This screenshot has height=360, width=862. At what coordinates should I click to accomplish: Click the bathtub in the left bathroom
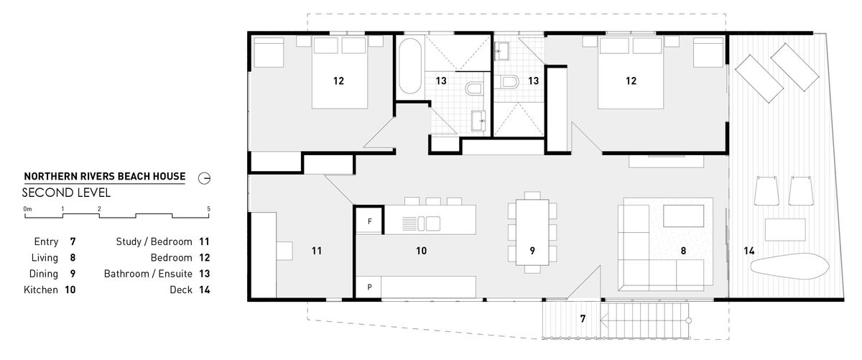(x=410, y=66)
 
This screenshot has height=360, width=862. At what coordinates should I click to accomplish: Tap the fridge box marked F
(x=369, y=221)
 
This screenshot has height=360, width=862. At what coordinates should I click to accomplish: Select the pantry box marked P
(x=369, y=287)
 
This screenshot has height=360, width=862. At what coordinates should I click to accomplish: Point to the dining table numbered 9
(x=532, y=232)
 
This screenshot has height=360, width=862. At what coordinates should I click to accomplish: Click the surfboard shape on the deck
(x=789, y=266)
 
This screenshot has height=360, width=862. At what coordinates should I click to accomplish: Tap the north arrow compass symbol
(x=204, y=178)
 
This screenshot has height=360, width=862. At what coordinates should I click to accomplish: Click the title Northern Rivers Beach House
(x=105, y=176)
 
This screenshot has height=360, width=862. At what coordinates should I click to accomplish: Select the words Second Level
(x=66, y=193)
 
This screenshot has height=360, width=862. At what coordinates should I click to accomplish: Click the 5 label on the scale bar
(x=208, y=208)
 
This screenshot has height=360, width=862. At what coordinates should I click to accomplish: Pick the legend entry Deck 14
(x=190, y=290)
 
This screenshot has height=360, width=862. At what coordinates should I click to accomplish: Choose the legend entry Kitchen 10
(x=50, y=290)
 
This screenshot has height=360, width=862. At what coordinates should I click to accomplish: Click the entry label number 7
(x=583, y=318)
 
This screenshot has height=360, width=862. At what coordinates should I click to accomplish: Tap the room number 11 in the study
(x=316, y=251)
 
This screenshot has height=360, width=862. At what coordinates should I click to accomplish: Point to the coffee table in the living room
(x=683, y=216)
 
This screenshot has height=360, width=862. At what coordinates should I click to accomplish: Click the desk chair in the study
(x=284, y=251)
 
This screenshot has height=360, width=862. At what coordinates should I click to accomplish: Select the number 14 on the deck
(x=749, y=251)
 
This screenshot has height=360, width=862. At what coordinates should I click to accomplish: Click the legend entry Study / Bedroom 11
(x=163, y=241)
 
